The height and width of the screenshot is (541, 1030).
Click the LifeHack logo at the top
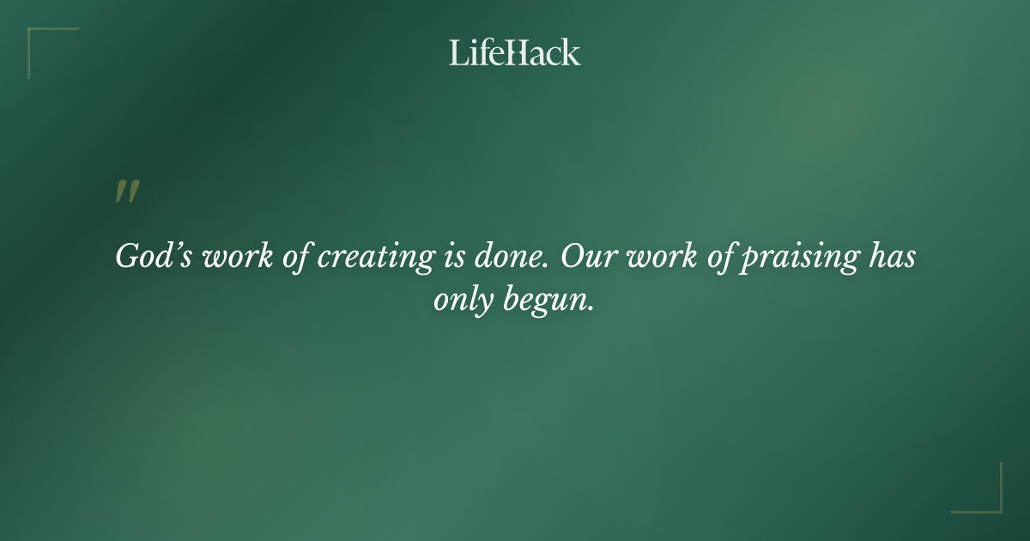coord(515,52)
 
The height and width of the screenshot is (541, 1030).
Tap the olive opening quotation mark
coord(127,192)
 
